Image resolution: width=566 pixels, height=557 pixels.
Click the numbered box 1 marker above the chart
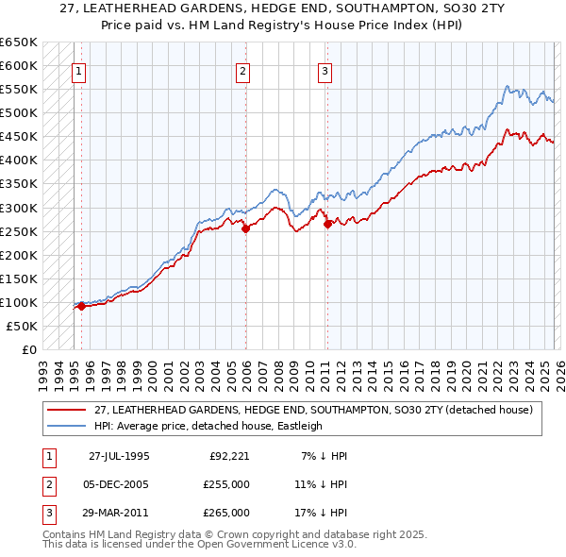[x=79, y=70]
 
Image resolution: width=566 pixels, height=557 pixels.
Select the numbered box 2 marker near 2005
[x=243, y=70]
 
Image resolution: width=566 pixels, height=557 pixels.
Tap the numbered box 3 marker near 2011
[x=325, y=70]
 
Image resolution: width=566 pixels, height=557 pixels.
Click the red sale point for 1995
[x=81, y=306]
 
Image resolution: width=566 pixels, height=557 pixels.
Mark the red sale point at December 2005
[x=245, y=228]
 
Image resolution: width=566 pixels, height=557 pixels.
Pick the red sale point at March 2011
[x=327, y=224]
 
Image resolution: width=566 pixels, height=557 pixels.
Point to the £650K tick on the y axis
[x=18, y=42]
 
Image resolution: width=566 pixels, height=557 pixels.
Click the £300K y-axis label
[x=18, y=208]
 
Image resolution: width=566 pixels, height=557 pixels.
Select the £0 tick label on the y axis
[x=28, y=349]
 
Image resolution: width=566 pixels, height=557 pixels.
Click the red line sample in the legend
[x=66, y=410]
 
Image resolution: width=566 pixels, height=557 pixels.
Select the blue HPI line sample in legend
[x=66, y=426]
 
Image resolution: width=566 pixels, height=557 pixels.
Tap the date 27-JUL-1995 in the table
[x=119, y=456]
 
